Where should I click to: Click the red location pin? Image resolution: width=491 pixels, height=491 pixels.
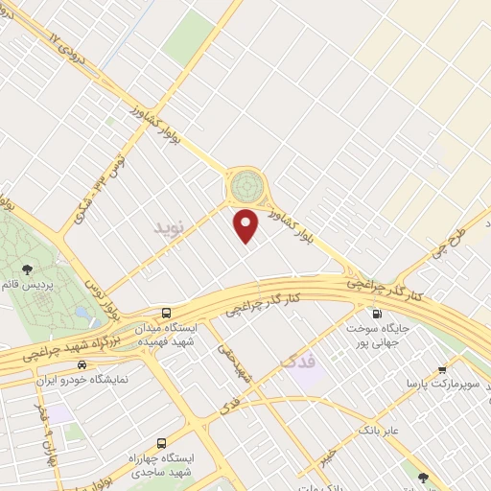click(247, 224)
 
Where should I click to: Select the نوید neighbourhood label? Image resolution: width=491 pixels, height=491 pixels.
click(165, 227)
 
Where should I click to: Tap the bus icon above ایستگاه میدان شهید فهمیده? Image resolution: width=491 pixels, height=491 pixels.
click(167, 313)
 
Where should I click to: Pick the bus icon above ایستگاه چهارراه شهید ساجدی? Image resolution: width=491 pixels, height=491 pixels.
click(160, 444)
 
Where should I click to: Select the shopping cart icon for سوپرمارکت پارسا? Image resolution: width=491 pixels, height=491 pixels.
click(442, 369)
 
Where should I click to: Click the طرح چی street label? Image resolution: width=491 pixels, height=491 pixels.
click(448, 243)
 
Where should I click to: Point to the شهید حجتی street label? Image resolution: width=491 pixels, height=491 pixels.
click(237, 365)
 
